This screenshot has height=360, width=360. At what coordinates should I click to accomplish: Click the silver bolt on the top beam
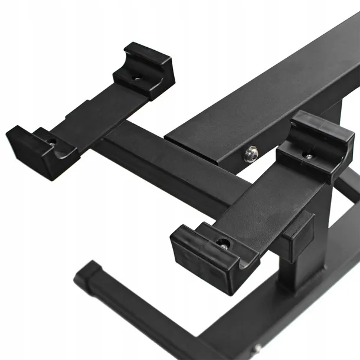[x=252, y=154]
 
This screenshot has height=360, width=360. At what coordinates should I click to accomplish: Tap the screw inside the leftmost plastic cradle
[x=52, y=142]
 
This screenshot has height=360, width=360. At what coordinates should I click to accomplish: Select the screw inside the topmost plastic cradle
[x=137, y=77]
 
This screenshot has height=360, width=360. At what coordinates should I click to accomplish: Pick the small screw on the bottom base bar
[x=257, y=348]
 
